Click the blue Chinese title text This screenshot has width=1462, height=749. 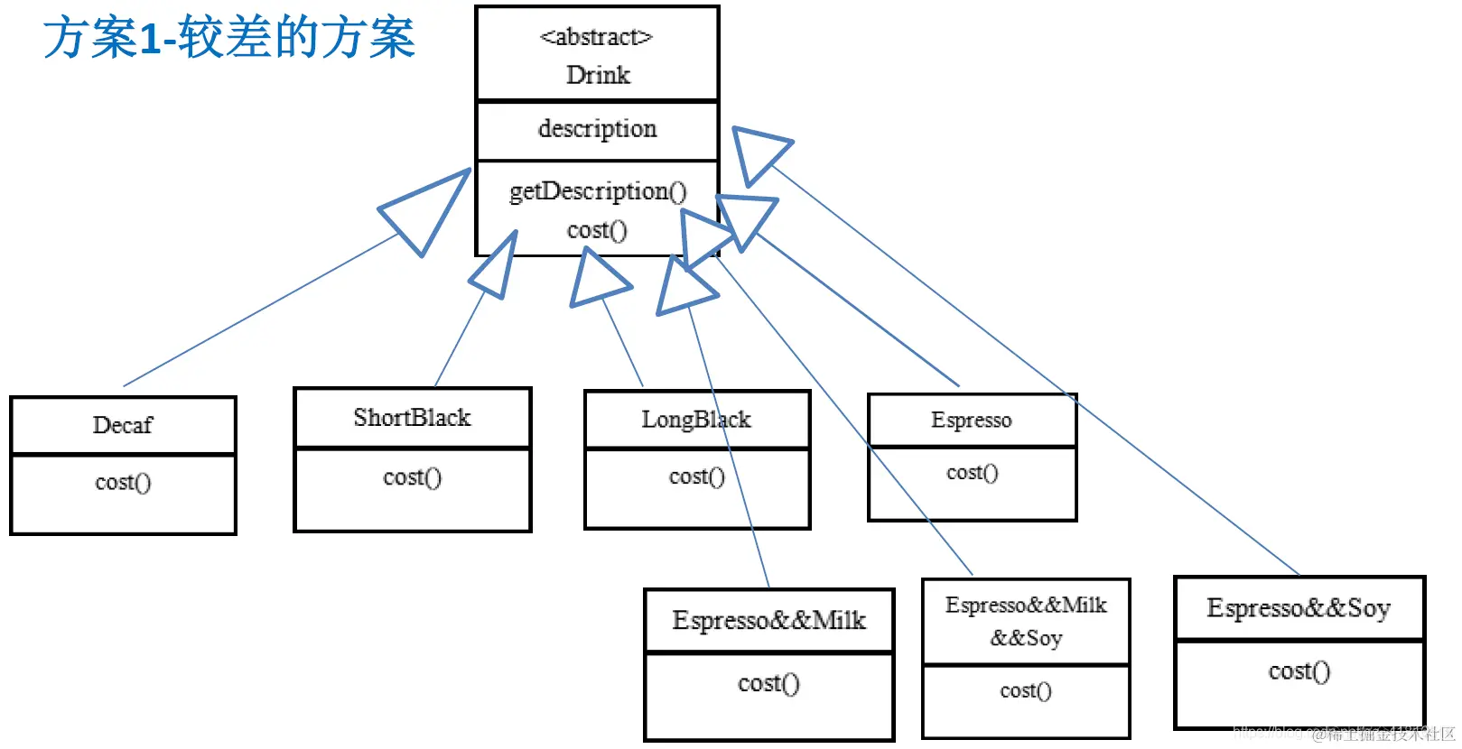pyautogui.click(x=229, y=38)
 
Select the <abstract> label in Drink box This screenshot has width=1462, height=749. pyautogui.click(x=596, y=37)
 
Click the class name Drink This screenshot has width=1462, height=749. pyautogui.click(x=598, y=75)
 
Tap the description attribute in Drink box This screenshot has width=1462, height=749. pyautogui.click(x=597, y=128)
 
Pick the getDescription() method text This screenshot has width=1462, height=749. pyautogui.click(x=598, y=191)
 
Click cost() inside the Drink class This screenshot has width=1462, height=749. pyautogui.click(x=597, y=230)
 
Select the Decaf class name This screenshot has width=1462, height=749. pyautogui.click(x=123, y=425)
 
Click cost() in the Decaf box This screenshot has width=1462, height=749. pyautogui.click(x=123, y=483)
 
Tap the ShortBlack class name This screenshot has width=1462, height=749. pyautogui.click(x=412, y=418)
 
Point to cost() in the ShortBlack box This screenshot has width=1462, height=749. pyautogui.click(x=412, y=477)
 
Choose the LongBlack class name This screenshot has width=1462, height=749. pyautogui.click(x=695, y=420)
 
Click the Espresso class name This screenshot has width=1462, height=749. pyautogui.click(x=971, y=421)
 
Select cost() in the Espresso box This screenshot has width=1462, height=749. pyautogui.click(x=972, y=473)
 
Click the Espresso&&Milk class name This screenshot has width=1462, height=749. pyautogui.click(x=768, y=621)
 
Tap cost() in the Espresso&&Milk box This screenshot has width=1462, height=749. pyautogui.click(x=768, y=684)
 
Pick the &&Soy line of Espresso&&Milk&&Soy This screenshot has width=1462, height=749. pyautogui.click(x=1026, y=639)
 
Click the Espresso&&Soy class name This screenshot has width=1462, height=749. pyautogui.click(x=1298, y=608)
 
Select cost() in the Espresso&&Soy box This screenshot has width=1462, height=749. pyautogui.click(x=1299, y=671)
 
